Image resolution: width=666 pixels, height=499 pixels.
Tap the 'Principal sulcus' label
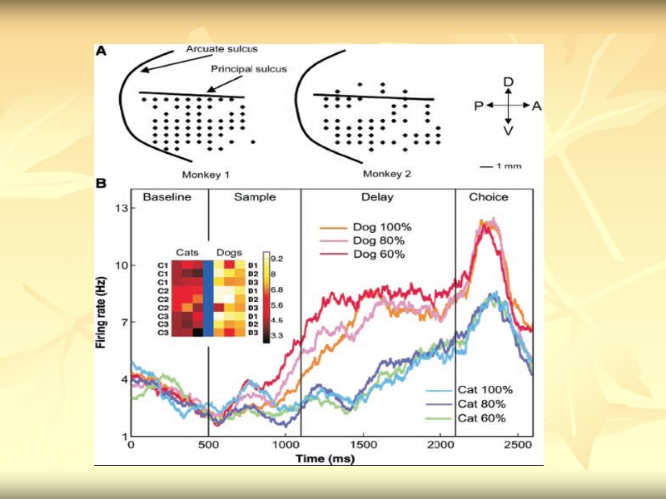coord(247,69)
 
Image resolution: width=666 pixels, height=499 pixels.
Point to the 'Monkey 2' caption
coord(388,175)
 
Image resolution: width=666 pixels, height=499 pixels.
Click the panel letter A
coord(101,51)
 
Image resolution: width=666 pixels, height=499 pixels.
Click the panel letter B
coord(101,182)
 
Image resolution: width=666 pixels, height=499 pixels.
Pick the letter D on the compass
coord(509,81)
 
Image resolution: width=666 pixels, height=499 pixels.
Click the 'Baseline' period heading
coord(167,197)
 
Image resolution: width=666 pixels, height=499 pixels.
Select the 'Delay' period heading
coord(378,197)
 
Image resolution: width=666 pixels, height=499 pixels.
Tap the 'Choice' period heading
coord(490,197)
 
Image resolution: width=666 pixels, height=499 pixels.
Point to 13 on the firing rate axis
coord(119,208)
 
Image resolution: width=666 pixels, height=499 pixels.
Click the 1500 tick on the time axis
coord(362,446)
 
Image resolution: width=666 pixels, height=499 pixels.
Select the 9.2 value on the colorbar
coord(277,259)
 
